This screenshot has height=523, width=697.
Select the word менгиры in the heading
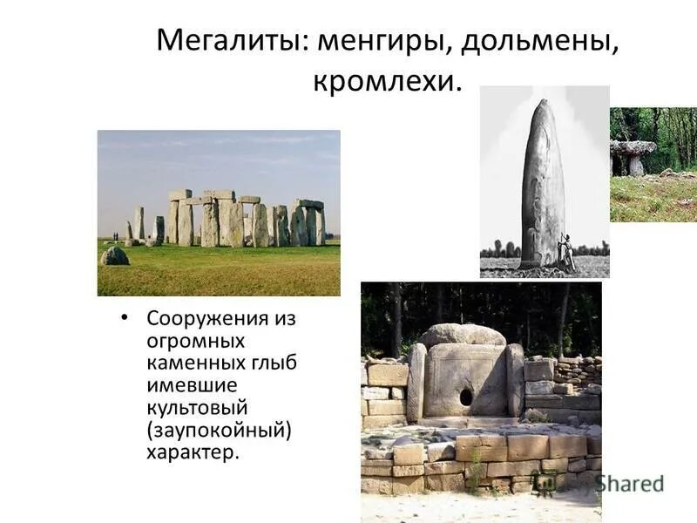click(x=382, y=42)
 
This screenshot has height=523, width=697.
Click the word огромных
click(x=196, y=341)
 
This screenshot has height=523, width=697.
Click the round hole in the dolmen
click(x=466, y=397)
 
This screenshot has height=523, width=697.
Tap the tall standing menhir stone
click(x=542, y=183)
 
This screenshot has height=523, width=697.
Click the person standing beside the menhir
click(x=566, y=253)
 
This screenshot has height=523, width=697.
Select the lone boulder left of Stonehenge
click(x=114, y=255)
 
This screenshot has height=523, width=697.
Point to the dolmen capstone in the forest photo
click(x=633, y=147)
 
